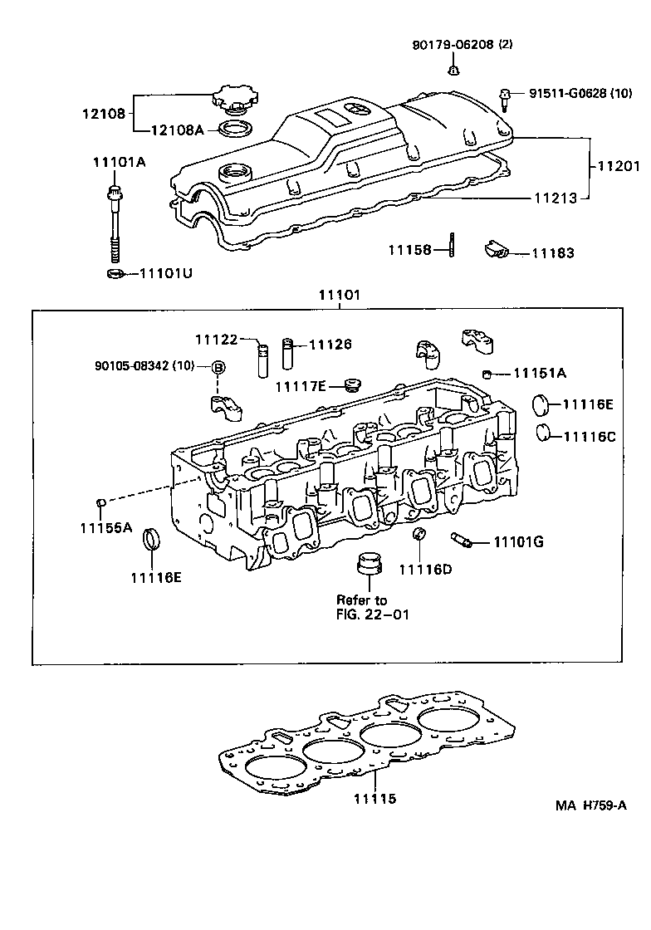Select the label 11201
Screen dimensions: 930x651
(619, 166)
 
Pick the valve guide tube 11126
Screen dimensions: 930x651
(287, 355)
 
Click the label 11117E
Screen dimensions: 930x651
(301, 386)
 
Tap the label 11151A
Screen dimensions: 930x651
(539, 373)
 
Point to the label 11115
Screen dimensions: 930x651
(374, 799)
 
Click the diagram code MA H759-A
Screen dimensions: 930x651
(590, 805)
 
